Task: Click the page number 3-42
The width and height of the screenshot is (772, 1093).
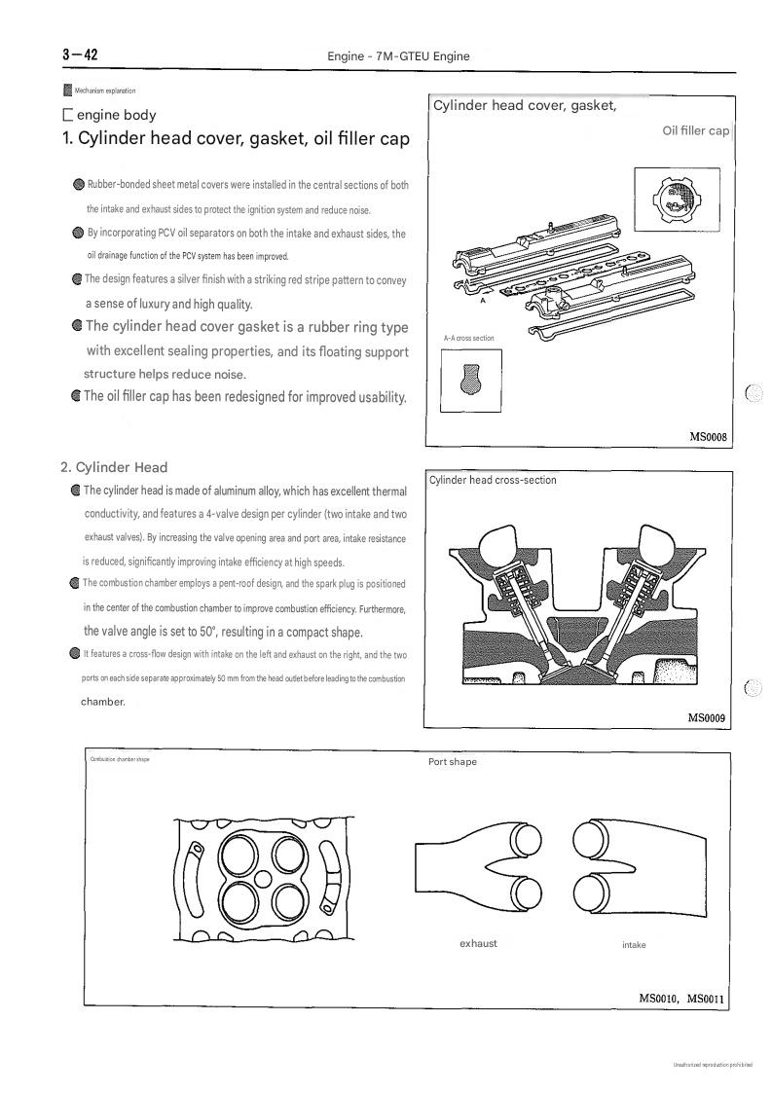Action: coord(80,55)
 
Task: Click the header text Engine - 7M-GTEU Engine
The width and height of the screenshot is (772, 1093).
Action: coord(398,56)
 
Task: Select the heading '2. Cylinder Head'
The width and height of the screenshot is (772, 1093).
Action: coord(114,467)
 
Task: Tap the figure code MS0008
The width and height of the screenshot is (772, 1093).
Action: coord(708,437)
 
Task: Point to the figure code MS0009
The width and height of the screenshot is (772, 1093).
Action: coord(707,718)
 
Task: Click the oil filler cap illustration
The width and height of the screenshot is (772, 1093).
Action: coord(677,200)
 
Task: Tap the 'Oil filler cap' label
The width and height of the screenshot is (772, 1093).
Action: coord(695,130)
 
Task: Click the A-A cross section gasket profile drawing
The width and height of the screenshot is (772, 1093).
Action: coord(471,381)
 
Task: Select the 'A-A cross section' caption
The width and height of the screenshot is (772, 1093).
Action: coord(468,338)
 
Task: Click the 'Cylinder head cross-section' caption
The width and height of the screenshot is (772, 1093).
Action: coord(493,480)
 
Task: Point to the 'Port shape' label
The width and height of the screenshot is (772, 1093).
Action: coord(453,762)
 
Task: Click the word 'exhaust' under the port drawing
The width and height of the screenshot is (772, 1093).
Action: coord(478,943)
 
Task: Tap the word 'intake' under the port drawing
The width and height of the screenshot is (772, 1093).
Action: coord(634,944)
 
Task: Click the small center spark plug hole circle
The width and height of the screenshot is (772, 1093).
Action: coord(264,876)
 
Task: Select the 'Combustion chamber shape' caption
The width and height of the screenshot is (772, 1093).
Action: coord(120,759)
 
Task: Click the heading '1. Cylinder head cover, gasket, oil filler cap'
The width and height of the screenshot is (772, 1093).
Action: coord(236,138)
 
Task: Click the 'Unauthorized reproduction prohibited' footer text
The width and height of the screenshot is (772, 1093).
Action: coord(713,1065)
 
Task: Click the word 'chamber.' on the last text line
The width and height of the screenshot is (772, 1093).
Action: coord(103,702)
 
